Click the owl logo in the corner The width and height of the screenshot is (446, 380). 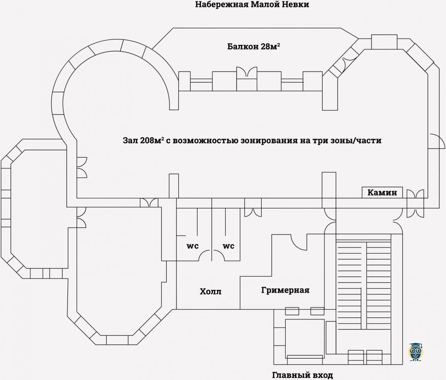(415, 352)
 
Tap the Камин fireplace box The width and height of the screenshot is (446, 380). (382, 192)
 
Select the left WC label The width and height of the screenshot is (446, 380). (193, 246)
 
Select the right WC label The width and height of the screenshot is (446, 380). (228, 246)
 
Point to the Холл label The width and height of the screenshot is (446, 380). (210, 291)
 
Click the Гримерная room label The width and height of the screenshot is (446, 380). (285, 290)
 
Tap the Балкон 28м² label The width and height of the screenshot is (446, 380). (253, 46)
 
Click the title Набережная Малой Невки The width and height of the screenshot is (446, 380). (252, 5)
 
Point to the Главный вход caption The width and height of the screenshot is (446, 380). (302, 375)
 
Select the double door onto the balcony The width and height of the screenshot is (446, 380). (247, 72)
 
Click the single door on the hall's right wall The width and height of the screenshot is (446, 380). (437, 141)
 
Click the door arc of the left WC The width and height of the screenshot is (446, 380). (205, 255)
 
